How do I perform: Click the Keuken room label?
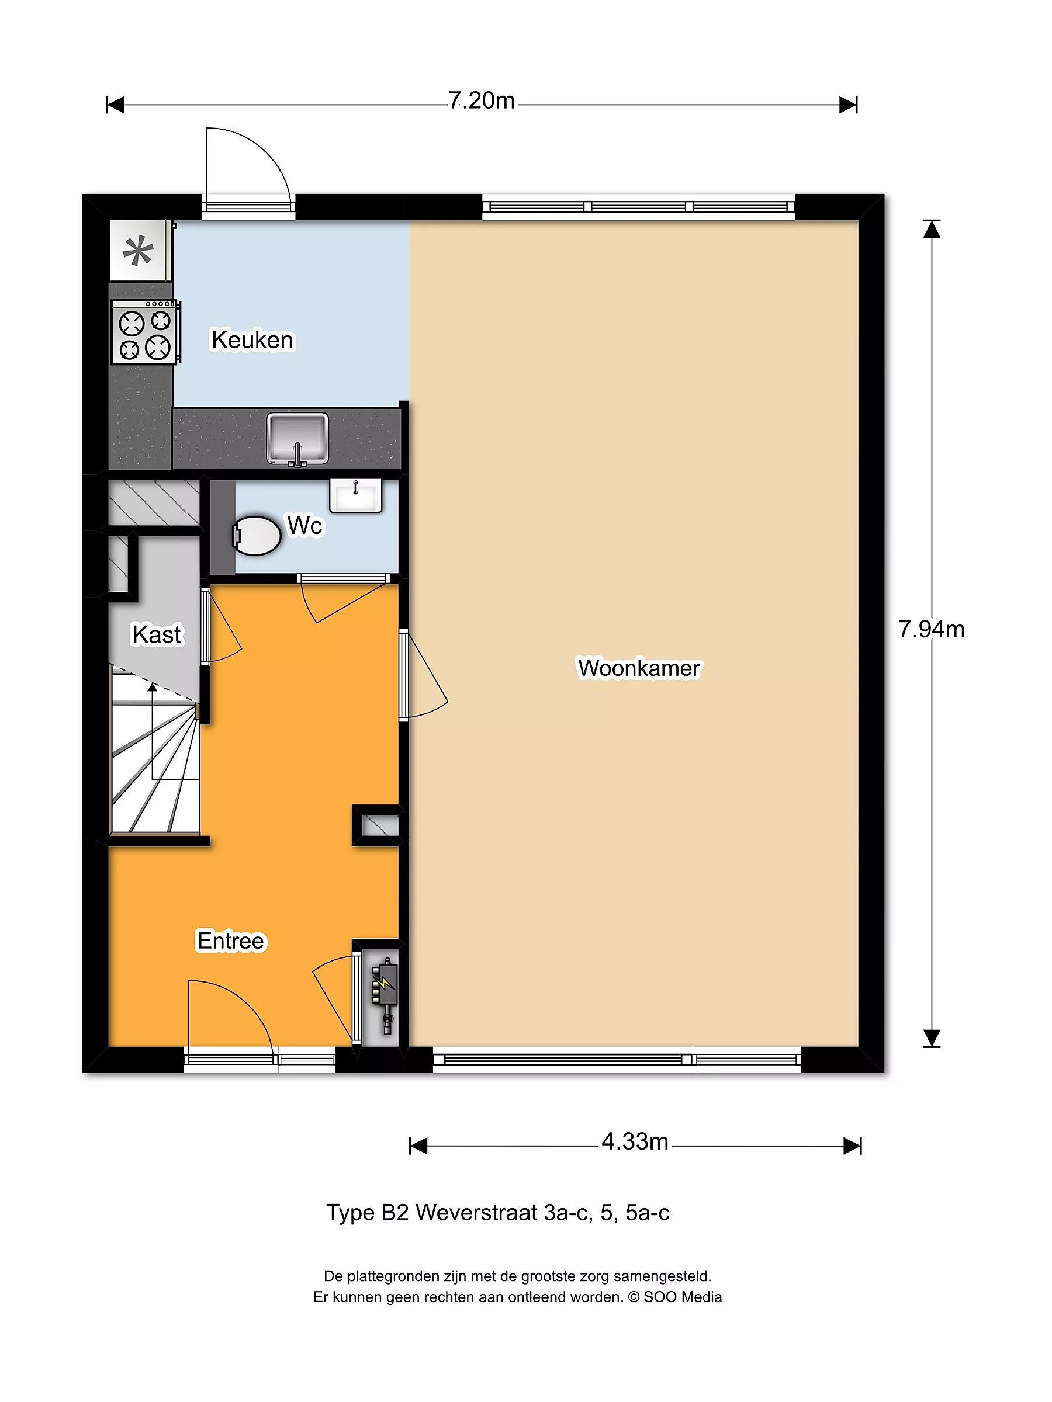click(252, 340)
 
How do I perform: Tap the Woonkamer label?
click(639, 668)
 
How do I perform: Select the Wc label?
click(304, 525)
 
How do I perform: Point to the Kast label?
click(157, 634)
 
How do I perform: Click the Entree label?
click(231, 941)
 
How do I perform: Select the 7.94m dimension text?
click(932, 629)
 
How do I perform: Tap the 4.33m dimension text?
click(635, 1141)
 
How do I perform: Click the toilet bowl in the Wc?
click(256, 536)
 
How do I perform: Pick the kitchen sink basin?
click(297, 438)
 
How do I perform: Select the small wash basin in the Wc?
click(356, 495)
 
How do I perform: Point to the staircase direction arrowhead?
click(152, 687)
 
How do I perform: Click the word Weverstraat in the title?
click(476, 1213)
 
